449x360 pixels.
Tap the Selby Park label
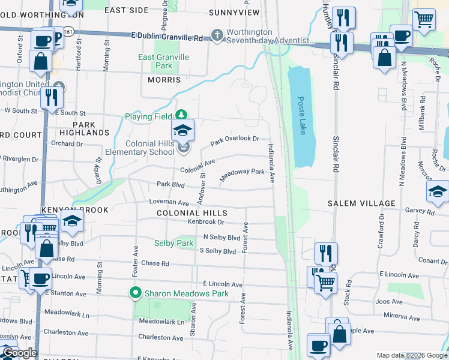point(173,243)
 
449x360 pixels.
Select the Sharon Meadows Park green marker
point(136,293)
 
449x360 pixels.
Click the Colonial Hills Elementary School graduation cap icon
point(184,130)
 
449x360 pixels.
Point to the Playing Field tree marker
point(182,116)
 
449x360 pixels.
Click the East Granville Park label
point(164,61)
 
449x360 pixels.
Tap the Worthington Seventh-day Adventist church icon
point(217,36)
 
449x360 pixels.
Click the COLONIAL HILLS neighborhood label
point(192,213)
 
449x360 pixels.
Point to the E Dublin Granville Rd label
point(166,37)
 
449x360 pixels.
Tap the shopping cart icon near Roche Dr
point(424,19)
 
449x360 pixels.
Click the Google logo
point(19,353)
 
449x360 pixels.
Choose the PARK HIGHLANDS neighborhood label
point(85,128)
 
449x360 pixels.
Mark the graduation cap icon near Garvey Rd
point(438,192)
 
